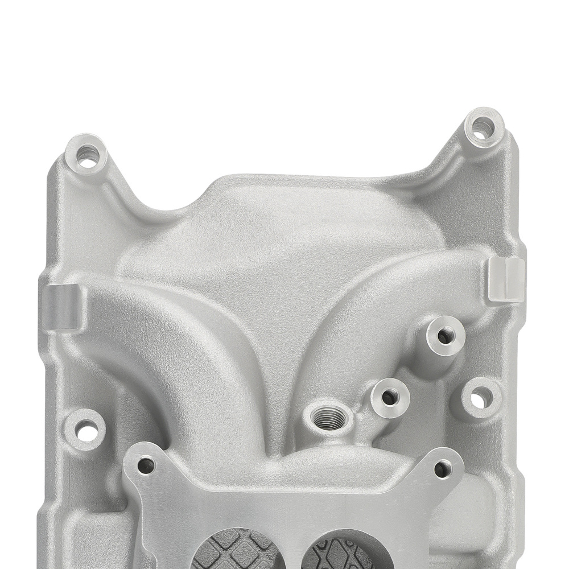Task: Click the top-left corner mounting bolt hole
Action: (87, 155)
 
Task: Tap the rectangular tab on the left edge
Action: (61, 307)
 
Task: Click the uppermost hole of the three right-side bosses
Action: (444, 335)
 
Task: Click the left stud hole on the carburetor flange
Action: (146, 467)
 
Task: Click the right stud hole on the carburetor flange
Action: (442, 469)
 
